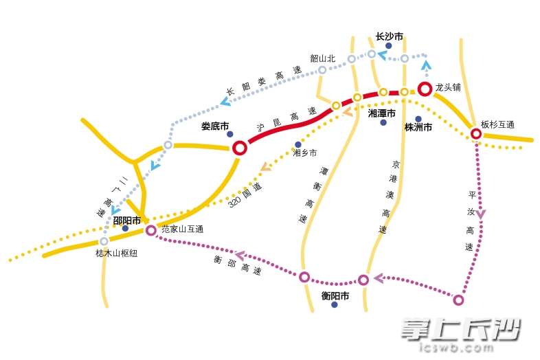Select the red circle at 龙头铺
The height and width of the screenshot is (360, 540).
pos(425,89)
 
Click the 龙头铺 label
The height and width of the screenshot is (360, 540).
pos(448,88)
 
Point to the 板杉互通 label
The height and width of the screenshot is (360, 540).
pos(497,124)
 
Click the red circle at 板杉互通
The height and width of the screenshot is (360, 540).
pos(476,133)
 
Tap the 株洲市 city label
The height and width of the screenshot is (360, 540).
pos(418,128)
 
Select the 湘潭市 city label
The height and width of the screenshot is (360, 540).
pos(382,113)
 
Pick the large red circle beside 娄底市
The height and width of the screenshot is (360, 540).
pos(240,147)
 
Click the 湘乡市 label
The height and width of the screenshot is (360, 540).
pos(305,153)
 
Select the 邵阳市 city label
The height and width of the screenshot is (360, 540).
pos(126,221)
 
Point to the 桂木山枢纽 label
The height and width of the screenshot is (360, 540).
pos(116,253)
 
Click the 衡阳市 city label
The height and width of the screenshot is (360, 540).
pos(335,296)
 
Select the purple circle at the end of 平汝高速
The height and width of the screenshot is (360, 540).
pos(459,300)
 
